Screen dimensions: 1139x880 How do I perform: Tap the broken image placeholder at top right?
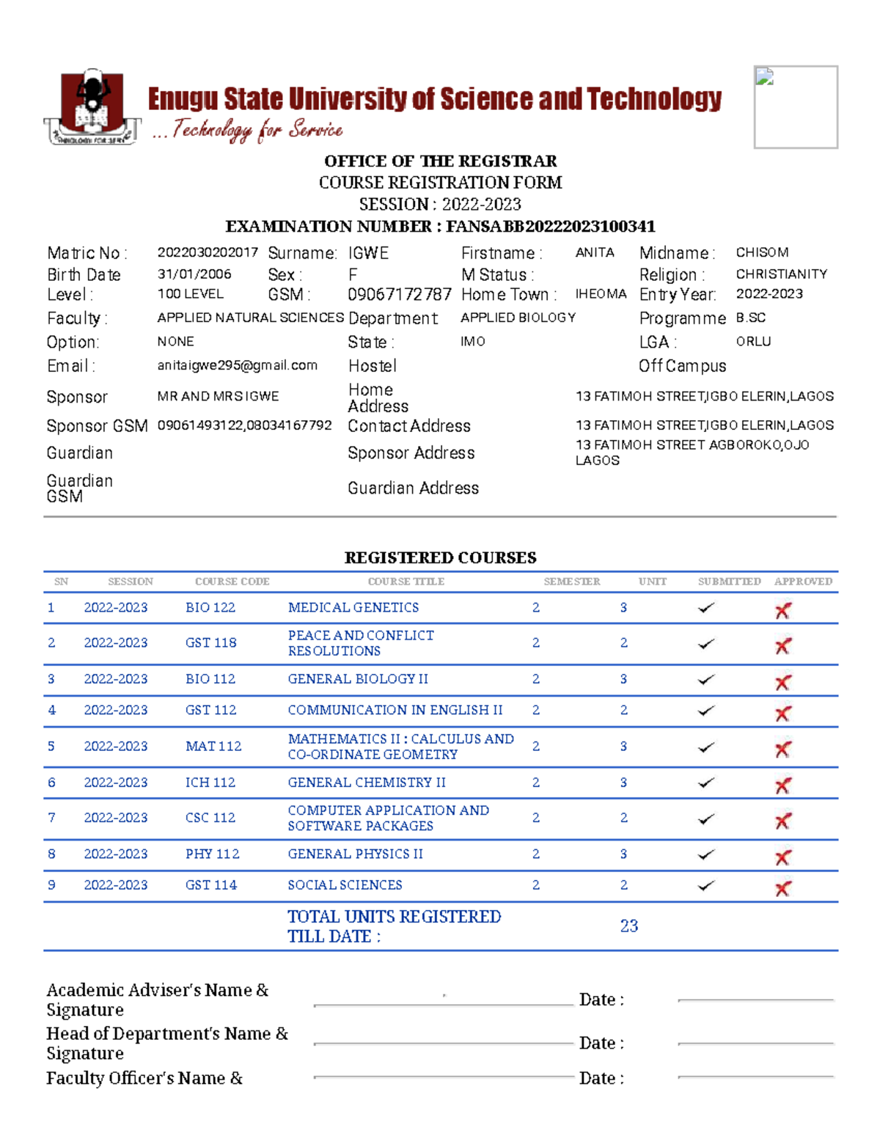(796, 107)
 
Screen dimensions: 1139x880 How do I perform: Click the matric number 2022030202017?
(208, 252)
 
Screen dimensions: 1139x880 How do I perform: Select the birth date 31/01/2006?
(194, 274)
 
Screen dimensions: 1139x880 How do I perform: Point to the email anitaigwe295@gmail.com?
(237, 365)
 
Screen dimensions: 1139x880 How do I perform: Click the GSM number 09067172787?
(399, 295)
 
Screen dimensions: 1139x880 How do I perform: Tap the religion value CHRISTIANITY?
(781, 274)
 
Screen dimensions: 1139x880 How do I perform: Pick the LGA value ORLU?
(753, 342)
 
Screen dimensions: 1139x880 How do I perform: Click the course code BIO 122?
(210, 607)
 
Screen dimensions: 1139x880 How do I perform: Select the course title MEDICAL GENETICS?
(353, 607)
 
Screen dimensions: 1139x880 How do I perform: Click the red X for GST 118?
(783, 646)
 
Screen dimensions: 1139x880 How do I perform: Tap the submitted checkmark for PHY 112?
(706, 854)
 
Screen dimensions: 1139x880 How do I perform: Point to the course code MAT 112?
(213, 746)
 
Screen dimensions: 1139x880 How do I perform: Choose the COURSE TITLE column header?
(406, 582)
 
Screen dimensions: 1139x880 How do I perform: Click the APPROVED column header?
(803, 582)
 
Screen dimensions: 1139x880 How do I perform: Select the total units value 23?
(628, 926)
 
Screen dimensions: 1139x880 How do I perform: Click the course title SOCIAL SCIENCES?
(345, 885)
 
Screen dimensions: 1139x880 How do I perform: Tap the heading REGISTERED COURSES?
(440, 558)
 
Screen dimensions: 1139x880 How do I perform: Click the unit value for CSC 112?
(623, 818)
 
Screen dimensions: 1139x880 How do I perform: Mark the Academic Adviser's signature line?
(443, 1004)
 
